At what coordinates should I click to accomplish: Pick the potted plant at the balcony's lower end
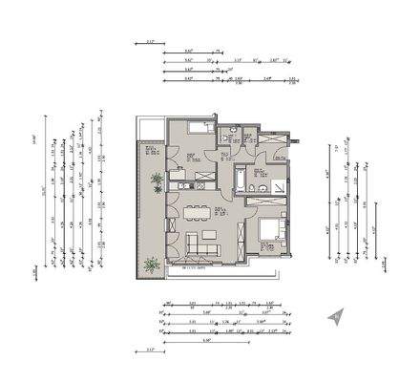point(151,265)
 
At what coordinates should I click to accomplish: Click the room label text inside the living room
point(219,210)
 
